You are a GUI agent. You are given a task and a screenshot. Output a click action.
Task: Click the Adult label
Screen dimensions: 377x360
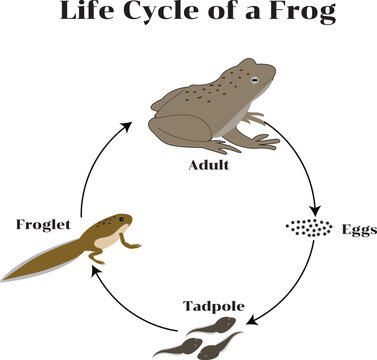pyautogui.click(x=210, y=163)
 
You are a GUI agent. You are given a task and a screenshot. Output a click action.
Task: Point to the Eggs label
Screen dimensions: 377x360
pyautogui.click(x=358, y=229)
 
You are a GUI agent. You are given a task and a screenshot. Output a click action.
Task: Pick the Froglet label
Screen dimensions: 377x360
pyautogui.click(x=43, y=224)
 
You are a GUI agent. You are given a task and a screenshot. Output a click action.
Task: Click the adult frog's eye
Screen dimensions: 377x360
pyautogui.click(x=255, y=78)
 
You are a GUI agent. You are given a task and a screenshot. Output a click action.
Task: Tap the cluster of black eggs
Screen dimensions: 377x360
pyautogui.click(x=309, y=228)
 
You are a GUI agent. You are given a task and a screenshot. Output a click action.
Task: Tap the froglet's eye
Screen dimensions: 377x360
pyautogui.click(x=122, y=217)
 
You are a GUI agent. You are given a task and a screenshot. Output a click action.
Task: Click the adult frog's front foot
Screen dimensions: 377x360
pyautogui.click(x=265, y=142)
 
